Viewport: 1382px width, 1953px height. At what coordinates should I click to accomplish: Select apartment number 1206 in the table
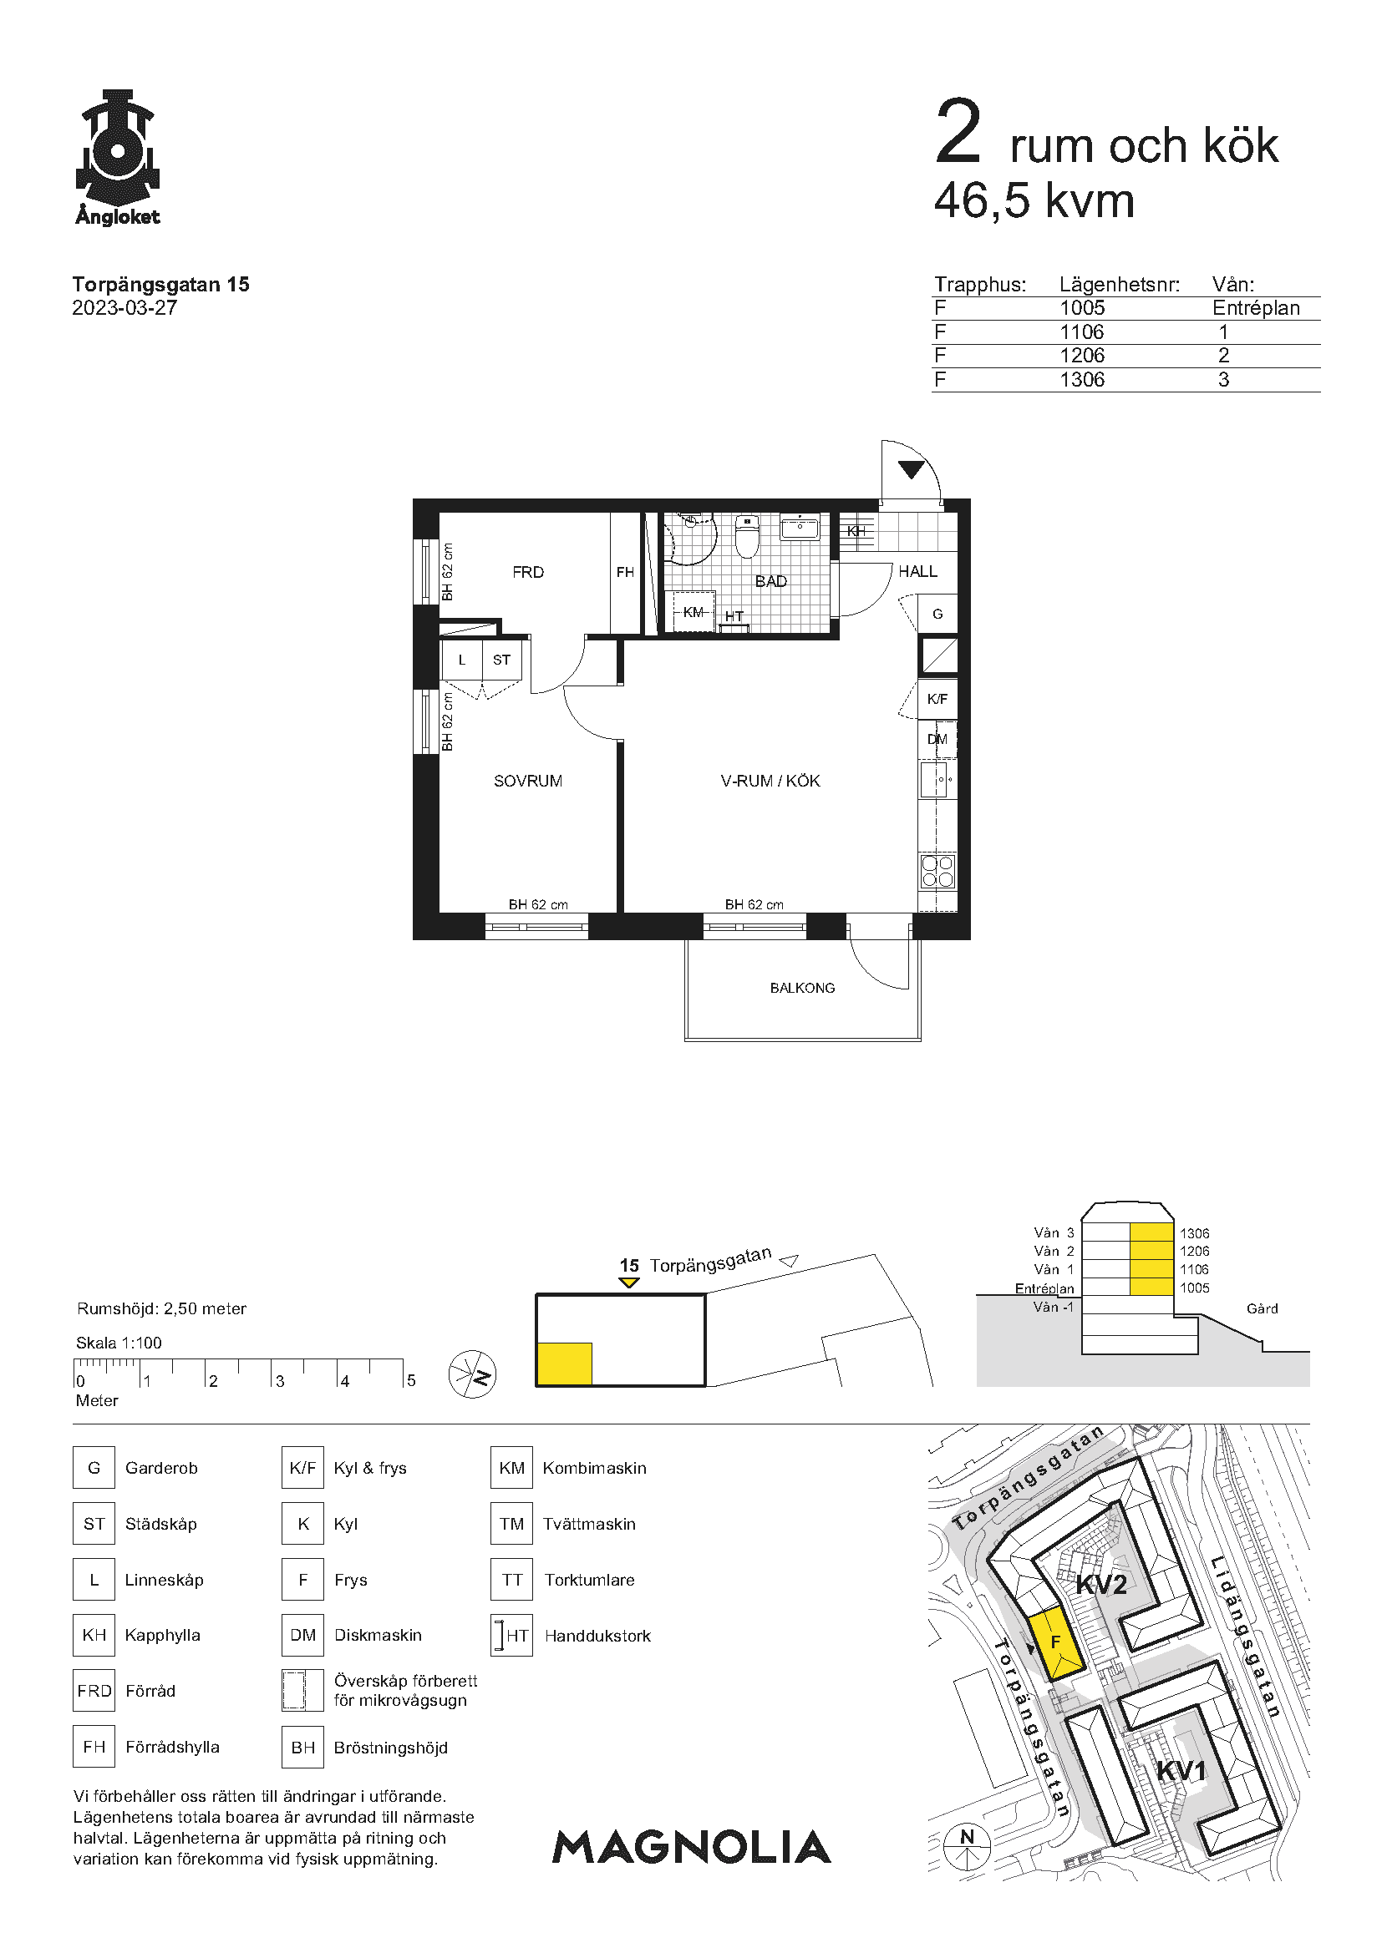click(x=1081, y=356)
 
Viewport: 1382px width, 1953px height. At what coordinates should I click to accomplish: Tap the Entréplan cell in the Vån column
click(x=1256, y=308)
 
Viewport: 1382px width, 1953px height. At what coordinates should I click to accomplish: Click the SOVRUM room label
click(x=527, y=781)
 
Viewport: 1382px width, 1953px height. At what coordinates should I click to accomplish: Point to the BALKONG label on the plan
click(x=802, y=988)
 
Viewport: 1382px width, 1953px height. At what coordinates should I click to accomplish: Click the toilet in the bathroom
click(x=746, y=535)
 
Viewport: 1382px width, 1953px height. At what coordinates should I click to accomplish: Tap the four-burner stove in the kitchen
click(x=937, y=871)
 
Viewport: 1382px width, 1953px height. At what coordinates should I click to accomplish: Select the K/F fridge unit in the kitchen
click(x=937, y=699)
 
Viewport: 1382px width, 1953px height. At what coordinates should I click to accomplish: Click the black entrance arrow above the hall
click(x=911, y=468)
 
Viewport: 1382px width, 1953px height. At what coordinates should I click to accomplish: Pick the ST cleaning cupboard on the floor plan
click(x=502, y=660)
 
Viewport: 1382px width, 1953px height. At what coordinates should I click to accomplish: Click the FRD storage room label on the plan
click(x=527, y=573)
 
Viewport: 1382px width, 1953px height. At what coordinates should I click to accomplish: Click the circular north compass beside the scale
click(x=472, y=1374)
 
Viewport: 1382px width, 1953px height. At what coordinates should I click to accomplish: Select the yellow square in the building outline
click(x=564, y=1364)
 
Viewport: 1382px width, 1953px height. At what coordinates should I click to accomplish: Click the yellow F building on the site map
click(x=1055, y=1643)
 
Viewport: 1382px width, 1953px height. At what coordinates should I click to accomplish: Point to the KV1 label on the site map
click(x=1181, y=1771)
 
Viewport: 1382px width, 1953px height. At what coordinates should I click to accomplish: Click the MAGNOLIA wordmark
click(x=692, y=1848)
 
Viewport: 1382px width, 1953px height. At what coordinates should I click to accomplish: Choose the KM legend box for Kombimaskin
click(x=511, y=1467)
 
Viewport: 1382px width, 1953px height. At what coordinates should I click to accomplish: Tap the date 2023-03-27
click(x=124, y=308)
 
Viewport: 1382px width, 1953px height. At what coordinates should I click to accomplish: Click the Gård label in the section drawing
click(x=1262, y=1308)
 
